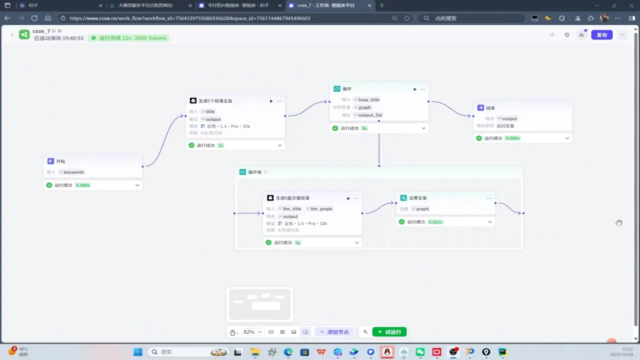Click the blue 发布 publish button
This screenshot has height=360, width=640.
[601, 35]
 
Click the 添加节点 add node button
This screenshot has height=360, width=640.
[334, 332]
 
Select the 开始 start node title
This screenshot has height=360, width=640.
[60, 161]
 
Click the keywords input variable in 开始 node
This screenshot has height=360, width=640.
[73, 172]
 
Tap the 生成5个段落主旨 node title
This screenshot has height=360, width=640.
[215, 101]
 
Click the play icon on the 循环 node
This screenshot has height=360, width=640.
[414, 89]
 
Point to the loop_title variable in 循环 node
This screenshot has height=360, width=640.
[369, 99]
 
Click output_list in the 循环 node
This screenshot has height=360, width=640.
[370, 115]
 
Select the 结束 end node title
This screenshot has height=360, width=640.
[490, 108]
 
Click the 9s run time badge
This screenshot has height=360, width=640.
[364, 128]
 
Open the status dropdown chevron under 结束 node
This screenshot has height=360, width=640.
[567, 138]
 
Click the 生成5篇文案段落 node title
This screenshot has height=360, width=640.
[292, 198]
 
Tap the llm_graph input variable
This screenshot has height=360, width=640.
[321, 209]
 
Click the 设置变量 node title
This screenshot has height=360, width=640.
[417, 198]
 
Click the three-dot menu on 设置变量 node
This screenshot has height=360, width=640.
[489, 198]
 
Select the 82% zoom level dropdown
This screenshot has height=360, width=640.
[252, 332]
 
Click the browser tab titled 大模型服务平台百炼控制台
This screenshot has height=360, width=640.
[145, 5]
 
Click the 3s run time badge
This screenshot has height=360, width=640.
[297, 243]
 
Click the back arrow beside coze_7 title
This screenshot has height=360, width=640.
[12, 34]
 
